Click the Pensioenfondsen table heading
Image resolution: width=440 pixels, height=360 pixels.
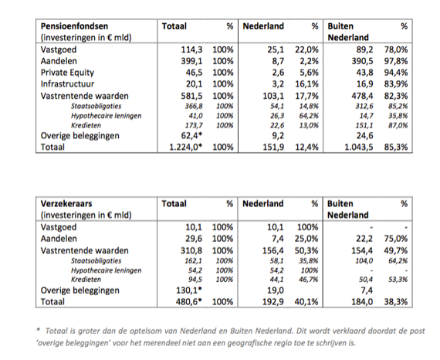tap(74, 26)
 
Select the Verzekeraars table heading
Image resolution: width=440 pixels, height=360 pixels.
tap(66, 204)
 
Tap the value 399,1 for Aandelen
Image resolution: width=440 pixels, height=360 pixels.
tap(191, 61)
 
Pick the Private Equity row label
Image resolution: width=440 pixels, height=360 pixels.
tap(67, 73)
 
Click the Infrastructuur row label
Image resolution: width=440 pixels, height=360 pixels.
tap(67, 84)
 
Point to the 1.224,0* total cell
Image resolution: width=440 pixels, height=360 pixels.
tap(186, 147)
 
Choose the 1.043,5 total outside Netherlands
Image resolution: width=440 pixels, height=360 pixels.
tap(359, 147)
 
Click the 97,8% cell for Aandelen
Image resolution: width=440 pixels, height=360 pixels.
tap(396, 61)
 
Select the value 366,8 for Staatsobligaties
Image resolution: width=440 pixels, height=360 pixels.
tap(194, 106)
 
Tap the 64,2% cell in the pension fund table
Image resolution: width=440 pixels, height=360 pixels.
tap(309, 116)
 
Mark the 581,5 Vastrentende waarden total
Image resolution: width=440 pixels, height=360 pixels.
tap(191, 96)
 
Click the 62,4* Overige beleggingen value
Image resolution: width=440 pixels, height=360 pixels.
tap(191, 135)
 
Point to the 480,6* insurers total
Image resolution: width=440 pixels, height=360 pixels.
tap(189, 301)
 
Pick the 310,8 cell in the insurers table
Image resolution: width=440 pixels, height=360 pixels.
tap(191, 250)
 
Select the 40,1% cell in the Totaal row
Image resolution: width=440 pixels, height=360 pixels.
tap(306, 301)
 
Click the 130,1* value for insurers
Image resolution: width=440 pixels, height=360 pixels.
tap(189, 290)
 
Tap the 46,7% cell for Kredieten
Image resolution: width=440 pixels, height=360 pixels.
tap(309, 280)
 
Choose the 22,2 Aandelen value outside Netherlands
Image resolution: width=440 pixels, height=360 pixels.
tap(364, 239)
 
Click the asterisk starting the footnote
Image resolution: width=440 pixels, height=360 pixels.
tap(38, 329)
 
